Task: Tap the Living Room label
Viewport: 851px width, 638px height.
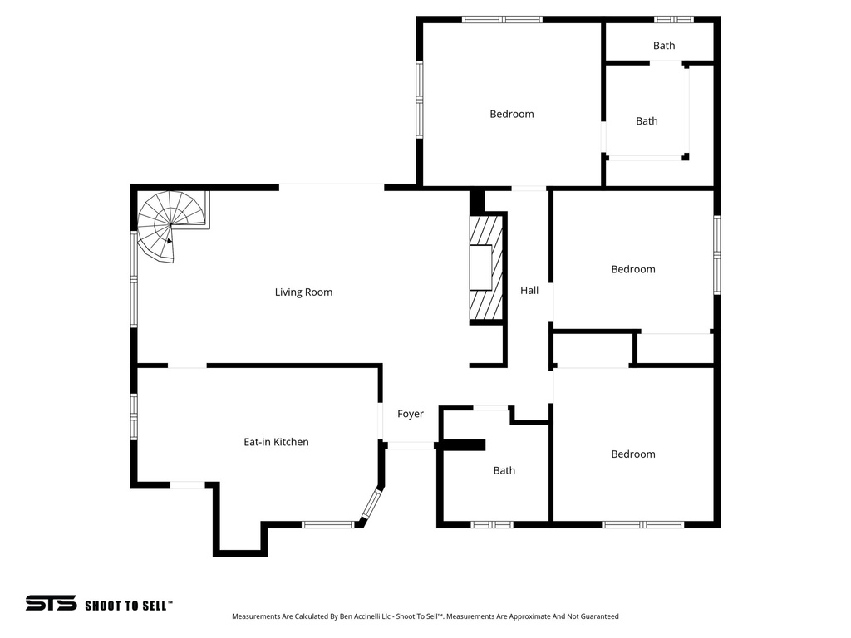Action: coord(303,292)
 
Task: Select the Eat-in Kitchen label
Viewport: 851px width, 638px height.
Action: coord(276,442)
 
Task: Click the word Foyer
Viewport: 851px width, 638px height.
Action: coord(411,414)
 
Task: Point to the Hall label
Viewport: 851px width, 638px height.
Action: coord(529,291)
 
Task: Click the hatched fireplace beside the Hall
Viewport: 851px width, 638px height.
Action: coord(487,267)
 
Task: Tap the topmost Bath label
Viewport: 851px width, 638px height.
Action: coord(664,46)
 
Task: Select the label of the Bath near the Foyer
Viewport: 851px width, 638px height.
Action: coord(504,470)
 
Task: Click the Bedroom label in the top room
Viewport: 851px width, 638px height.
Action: coord(512,114)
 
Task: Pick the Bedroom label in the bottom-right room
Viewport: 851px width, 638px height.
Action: coord(633,454)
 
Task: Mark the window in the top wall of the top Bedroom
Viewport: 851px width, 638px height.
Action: coord(502,19)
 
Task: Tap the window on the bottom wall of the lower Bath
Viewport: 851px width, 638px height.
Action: coord(492,524)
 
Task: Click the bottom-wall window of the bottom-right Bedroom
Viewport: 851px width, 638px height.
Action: coord(642,524)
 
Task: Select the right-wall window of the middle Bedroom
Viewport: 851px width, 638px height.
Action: coord(716,255)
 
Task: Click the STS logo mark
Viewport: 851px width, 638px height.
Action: coord(51,603)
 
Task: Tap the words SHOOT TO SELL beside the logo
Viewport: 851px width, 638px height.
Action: coord(129,606)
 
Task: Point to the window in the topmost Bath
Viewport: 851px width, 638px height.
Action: coord(673,19)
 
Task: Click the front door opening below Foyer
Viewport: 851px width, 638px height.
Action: coord(411,446)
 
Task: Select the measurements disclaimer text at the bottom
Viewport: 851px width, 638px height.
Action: coord(425,616)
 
